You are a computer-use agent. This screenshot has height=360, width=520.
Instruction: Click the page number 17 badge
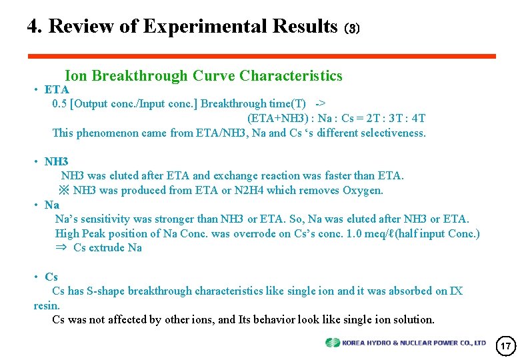(x=506, y=345)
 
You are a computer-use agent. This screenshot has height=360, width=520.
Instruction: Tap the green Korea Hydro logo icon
(x=333, y=343)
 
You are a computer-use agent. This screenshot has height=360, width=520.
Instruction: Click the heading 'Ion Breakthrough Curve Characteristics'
(x=203, y=75)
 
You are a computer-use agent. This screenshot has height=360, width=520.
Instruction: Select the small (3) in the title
(x=351, y=29)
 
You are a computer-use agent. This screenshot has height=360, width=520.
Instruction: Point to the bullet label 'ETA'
(x=57, y=89)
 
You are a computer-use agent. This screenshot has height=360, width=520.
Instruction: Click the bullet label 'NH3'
(x=57, y=161)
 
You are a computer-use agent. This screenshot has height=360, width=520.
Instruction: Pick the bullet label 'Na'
(x=52, y=205)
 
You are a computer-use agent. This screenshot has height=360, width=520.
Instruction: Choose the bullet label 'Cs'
(x=51, y=277)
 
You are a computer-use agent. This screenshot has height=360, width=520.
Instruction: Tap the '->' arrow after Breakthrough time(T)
(x=321, y=104)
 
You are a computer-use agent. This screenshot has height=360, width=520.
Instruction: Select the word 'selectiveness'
(x=392, y=133)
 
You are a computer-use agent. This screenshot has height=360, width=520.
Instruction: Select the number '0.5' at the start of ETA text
(x=59, y=104)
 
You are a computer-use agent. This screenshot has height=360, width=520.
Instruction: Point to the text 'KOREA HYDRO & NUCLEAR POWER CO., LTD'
(x=414, y=343)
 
